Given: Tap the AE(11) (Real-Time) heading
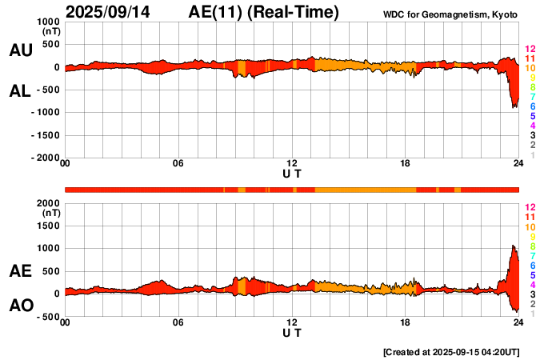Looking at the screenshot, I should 264,12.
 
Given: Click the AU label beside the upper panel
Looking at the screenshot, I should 20,50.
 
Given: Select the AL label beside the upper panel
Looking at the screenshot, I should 20,91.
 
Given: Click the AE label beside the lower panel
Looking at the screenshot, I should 20,272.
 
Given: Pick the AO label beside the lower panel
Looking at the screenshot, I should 20,306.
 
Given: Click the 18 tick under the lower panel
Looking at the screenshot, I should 405,323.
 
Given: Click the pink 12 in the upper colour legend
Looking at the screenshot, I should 529,49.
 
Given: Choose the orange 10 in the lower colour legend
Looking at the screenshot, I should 529,227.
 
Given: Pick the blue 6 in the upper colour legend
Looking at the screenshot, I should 532,106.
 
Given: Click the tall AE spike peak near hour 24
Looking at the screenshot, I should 512,246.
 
